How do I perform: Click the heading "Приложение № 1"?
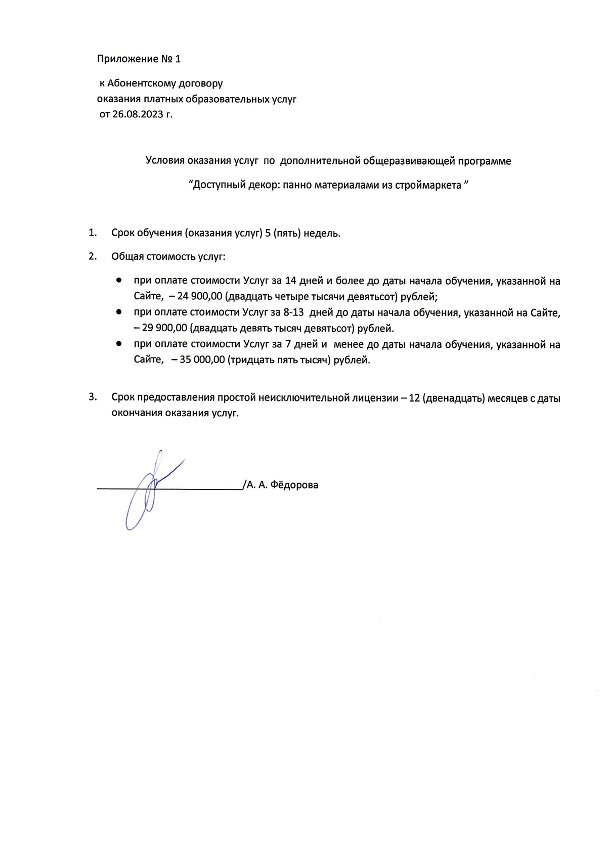tap(139, 59)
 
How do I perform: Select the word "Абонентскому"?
tap(139, 83)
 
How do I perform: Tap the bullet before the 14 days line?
tap(118, 280)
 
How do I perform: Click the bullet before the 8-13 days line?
tap(118, 312)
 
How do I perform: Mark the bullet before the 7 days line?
tap(118, 344)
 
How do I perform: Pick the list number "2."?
tap(93, 256)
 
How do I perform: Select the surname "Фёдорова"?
tap(294, 485)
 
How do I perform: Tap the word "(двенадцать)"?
tap(454, 398)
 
